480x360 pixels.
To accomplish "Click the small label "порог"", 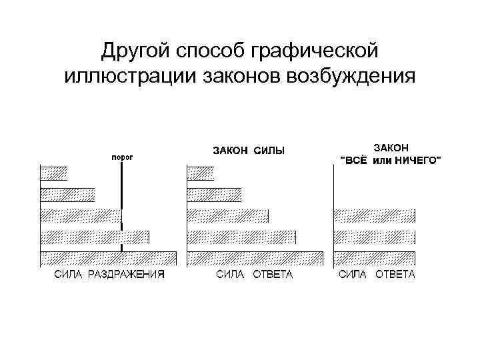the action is (121, 157).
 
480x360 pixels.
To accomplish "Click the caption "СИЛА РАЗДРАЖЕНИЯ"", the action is (109, 275).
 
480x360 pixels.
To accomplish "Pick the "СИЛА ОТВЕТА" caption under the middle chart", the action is (254, 275).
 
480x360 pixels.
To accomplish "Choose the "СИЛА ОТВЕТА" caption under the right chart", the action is (377, 275).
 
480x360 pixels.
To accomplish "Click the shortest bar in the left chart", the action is (54, 173).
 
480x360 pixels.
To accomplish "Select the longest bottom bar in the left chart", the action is (109, 258).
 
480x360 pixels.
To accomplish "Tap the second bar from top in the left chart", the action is (67, 195).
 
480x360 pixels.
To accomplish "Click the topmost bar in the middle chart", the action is (201, 173).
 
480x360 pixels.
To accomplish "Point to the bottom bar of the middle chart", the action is (255, 258).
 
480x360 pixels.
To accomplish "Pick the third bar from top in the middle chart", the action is (228, 215).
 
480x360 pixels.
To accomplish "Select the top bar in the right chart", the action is (374, 215).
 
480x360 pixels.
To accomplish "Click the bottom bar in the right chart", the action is (374, 258).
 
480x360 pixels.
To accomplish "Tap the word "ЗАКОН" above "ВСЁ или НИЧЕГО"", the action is (391, 147).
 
